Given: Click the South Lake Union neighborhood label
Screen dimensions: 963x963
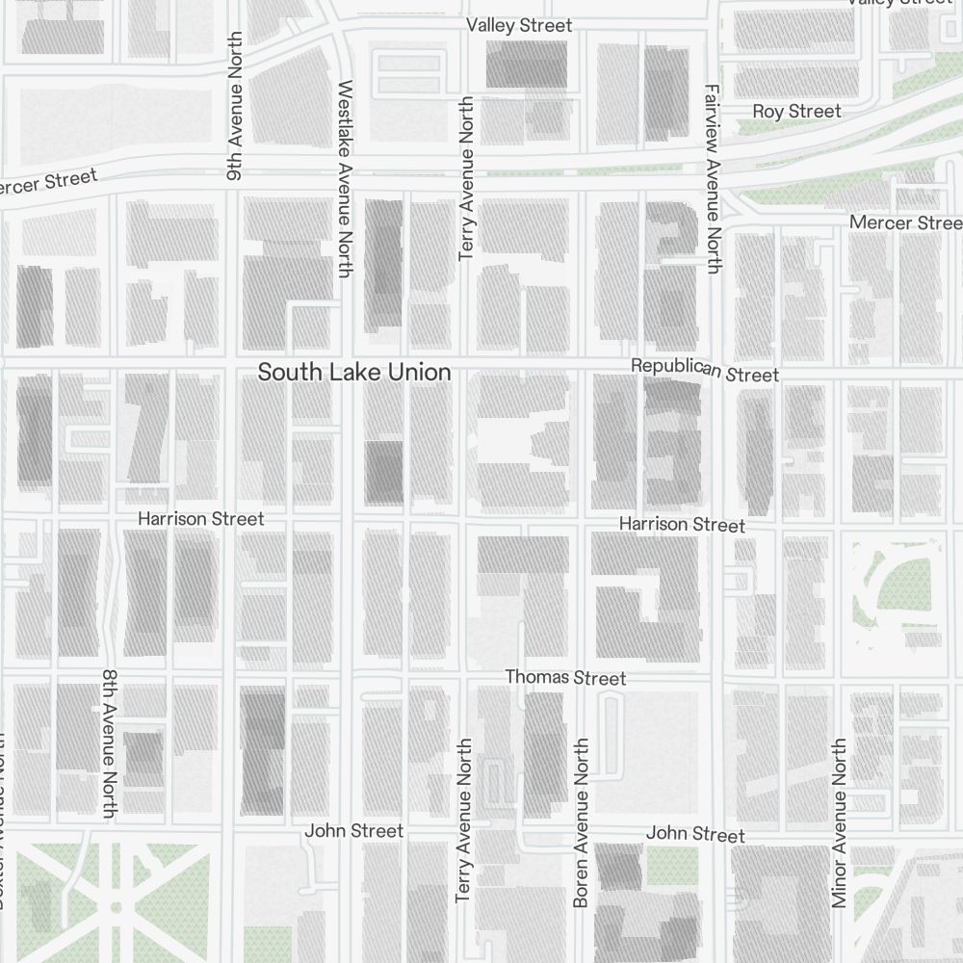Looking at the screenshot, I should pos(353,372).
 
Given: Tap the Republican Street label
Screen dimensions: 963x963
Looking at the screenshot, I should pos(704,370).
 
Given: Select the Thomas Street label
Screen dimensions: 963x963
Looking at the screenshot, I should pos(565,678).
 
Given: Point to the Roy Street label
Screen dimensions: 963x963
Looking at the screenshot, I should pos(796,112).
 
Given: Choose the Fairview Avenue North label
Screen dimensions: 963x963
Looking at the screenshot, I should pos(712,178).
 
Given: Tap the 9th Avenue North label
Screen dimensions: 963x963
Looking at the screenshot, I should pos(234,106).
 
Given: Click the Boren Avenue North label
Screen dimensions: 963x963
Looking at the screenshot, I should pos(580,823).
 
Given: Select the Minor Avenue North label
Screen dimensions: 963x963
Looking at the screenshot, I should pos(839,823).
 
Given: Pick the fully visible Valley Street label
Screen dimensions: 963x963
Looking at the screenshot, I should pos(519,26).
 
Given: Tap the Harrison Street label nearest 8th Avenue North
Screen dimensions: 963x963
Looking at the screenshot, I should pos(200,518).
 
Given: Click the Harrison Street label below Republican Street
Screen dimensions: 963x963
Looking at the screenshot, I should pos(682,524).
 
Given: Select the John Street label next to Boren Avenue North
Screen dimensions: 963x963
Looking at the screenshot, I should pos(695,833).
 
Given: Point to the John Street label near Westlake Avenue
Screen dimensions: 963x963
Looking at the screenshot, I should pos(354,830).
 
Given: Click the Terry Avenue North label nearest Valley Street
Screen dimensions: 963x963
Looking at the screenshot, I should pos(467,178).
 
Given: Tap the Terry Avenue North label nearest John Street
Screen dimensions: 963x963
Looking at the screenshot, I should pos(463,820).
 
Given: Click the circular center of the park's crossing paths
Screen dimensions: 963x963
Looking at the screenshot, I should pos(116,907).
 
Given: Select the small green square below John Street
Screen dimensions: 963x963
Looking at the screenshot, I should pos(671,866).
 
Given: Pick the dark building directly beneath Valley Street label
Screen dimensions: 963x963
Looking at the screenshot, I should pos(525,65).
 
